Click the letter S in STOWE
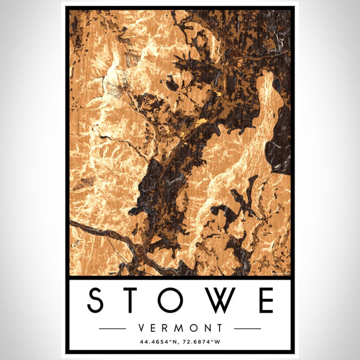(97, 300)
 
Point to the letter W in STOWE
(225, 300)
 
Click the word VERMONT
(180, 328)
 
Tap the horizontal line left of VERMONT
(112, 329)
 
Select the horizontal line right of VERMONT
(247, 329)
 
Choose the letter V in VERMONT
(142, 328)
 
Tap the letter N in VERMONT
(207, 328)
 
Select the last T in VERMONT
(220, 328)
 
